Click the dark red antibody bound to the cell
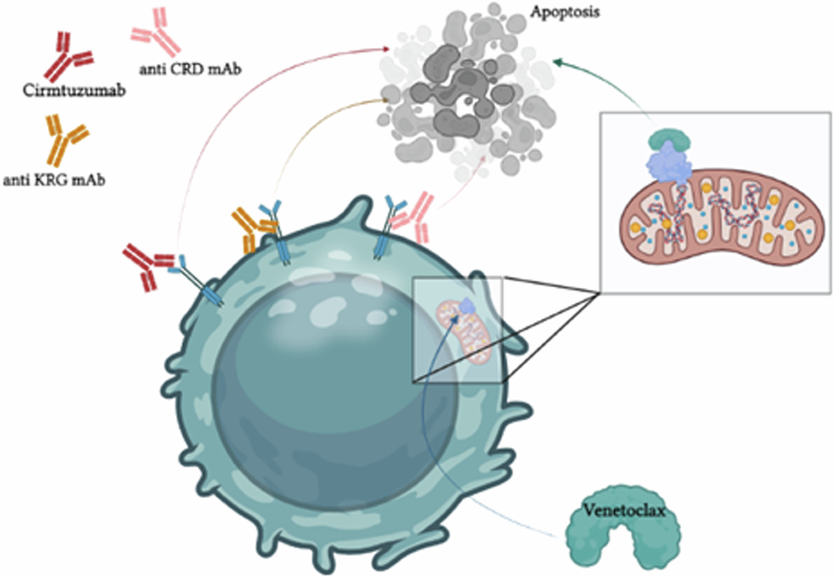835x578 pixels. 148,266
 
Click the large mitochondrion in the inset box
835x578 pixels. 717,223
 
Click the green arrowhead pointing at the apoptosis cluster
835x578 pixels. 557,62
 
